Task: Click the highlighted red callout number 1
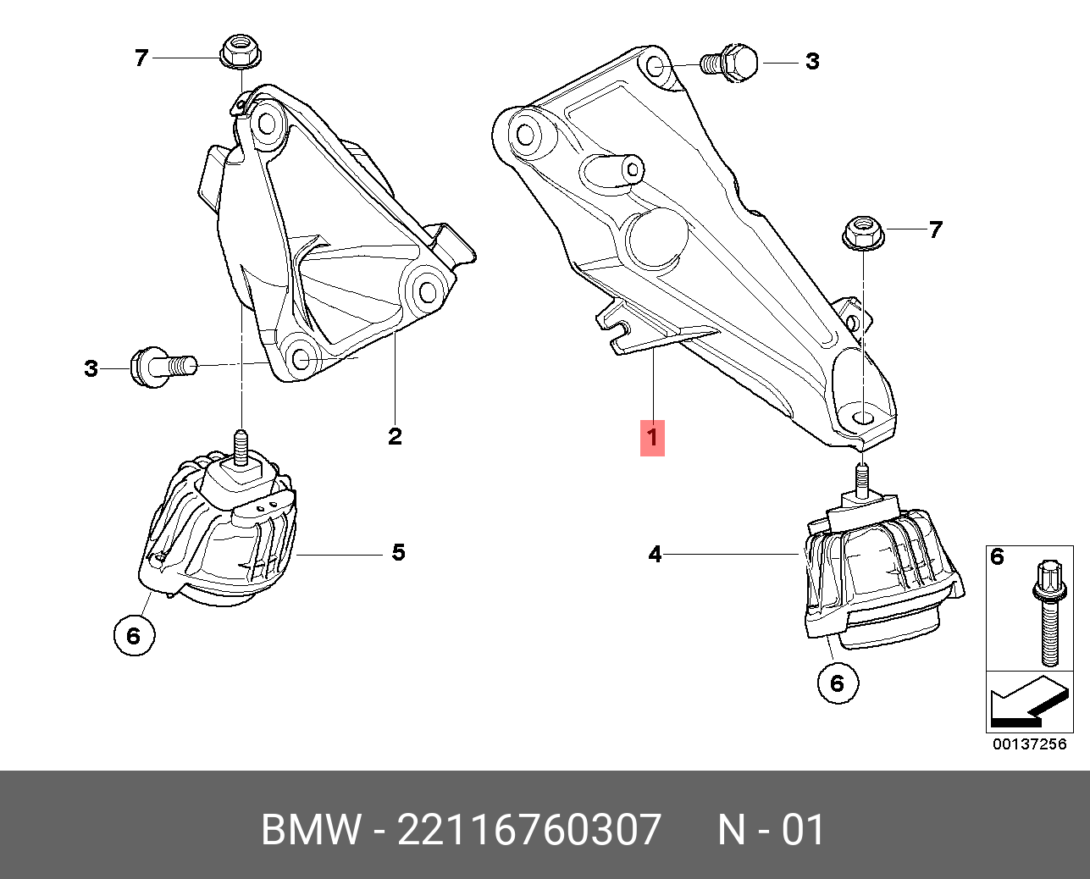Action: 652,438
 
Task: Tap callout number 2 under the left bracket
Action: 395,437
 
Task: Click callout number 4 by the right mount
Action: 655,555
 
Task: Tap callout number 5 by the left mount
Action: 398,553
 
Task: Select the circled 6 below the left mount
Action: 134,634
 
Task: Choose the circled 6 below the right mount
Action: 838,682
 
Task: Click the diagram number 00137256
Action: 1029,744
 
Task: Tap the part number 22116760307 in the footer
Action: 528,830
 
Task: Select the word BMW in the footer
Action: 311,830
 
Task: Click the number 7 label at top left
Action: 141,58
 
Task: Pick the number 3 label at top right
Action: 812,61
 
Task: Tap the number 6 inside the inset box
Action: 997,556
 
